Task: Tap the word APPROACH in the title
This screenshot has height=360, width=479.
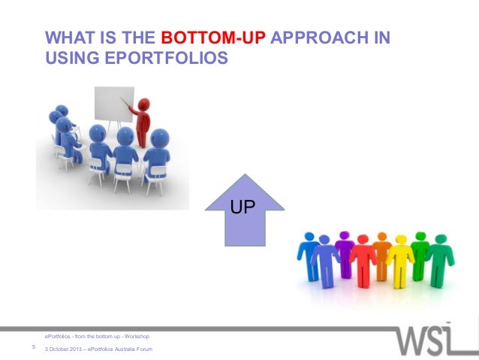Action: pos(312,38)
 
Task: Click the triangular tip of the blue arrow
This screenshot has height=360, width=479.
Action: pos(246,180)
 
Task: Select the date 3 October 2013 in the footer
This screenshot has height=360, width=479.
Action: pos(64,350)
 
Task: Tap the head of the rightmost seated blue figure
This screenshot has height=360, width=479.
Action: pos(160,138)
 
